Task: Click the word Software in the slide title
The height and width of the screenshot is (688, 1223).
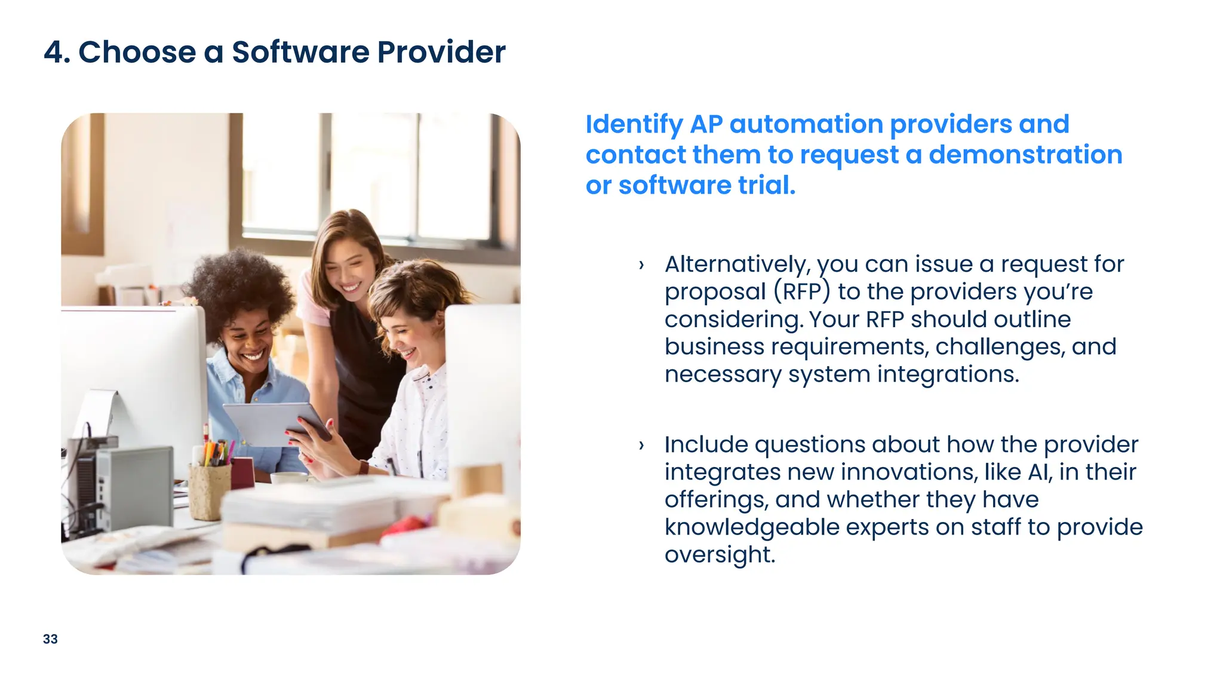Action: click(x=300, y=52)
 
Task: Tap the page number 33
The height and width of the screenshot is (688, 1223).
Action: click(x=50, y=639)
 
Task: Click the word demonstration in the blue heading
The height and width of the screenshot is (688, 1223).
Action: click(x=1025, y=155)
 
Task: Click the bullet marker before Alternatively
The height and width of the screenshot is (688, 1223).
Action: click(x=641, y=265)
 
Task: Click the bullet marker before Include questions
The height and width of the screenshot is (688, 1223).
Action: click(x=641, y=445)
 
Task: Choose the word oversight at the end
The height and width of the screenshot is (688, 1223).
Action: click(x=720, y=554)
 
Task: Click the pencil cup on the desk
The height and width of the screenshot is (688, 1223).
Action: click(x=210, y=487)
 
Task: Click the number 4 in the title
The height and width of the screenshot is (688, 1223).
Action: click(x=54, y=52)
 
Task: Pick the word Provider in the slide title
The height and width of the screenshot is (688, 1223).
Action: click(x=441, y=52)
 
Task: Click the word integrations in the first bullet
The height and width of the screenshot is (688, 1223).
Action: click(x=948, y=374)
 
